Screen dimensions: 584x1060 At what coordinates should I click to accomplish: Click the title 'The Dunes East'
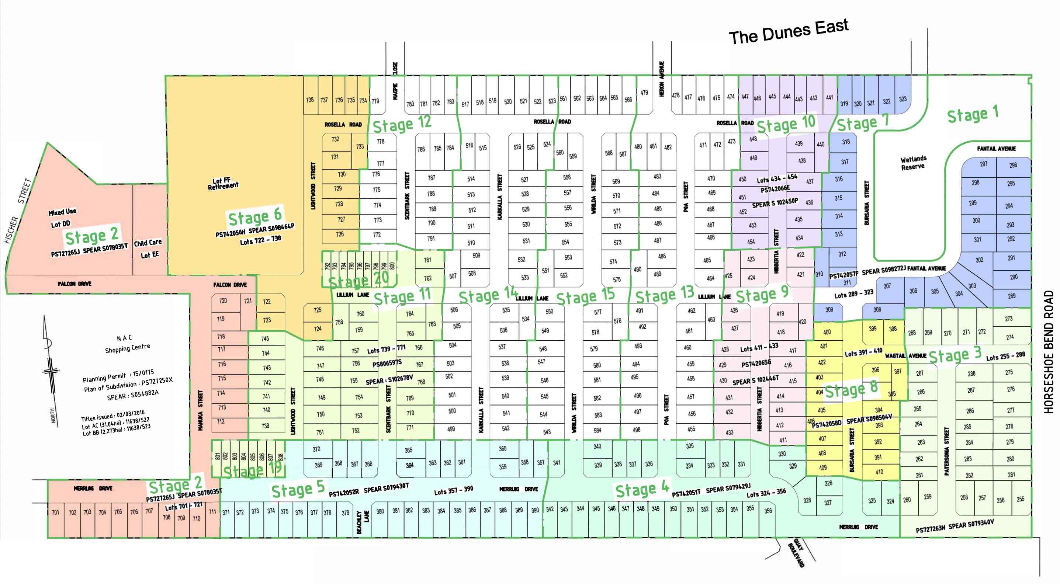(x=788, y=32)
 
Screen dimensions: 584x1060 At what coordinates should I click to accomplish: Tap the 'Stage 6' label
(x=255, y=217)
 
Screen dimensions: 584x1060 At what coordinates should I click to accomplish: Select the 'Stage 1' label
(x=972, y=114)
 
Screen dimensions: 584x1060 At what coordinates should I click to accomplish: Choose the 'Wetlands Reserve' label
(x=913, y=163)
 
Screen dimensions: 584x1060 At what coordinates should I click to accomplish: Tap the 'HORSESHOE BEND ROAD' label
(x=1049, y=352)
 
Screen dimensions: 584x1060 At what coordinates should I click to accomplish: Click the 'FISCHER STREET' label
(x=18, y=210)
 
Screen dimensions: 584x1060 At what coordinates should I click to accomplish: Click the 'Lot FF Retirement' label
(x=223, y=184)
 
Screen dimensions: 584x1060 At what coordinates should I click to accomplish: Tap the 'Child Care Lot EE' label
(x=148, y=248)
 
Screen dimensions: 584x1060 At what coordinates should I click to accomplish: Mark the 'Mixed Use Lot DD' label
(x=62, y=218)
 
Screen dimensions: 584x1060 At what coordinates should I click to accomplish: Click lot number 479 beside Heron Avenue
(x=644, y=93)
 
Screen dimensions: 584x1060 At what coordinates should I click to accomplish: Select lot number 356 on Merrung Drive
(x=768, y=511)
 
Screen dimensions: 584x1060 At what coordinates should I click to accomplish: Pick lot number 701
(x=56, y=512)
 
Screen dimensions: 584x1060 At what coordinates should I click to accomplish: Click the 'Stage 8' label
(x=851, y=389)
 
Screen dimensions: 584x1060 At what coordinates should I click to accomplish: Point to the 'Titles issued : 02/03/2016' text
(x=113, y=416)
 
